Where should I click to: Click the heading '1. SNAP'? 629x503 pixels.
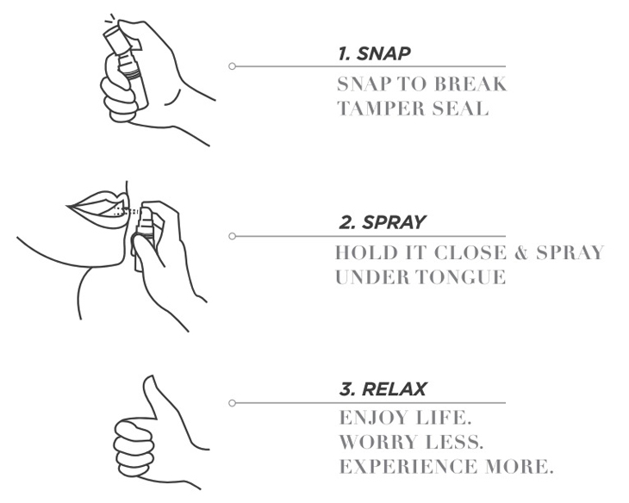[374, 54]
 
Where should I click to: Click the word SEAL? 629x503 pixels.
[463, 109]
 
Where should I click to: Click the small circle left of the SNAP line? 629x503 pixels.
[232, 66]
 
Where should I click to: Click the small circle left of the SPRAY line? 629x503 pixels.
[232, 235]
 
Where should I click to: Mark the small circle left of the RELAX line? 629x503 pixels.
[232, 402]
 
